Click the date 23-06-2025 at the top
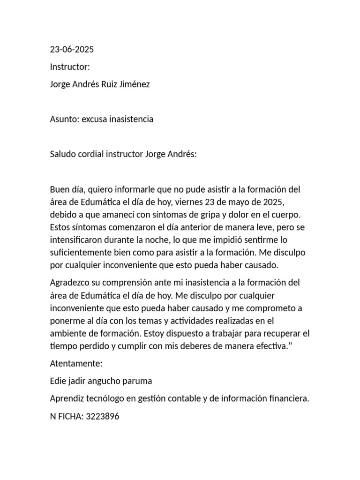[72, 50]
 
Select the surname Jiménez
[135, 84]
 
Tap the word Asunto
[64, 119]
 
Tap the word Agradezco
[73, 283]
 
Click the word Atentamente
[76, 363]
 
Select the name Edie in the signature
[58, 381]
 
